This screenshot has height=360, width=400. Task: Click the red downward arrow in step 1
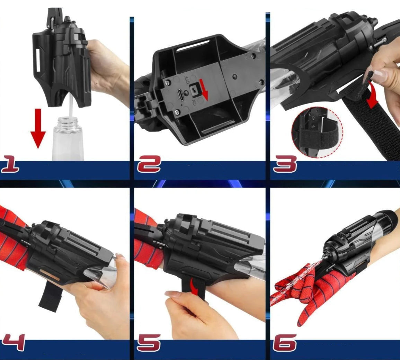click(x=38, y=128)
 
